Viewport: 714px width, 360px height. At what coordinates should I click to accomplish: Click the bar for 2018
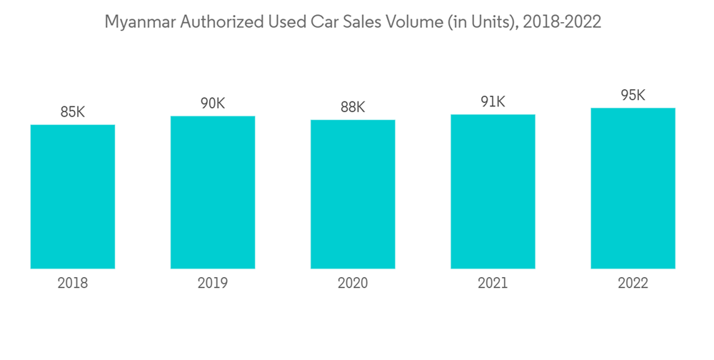pos(73,196)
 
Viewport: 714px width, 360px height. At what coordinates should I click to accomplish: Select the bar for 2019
pos(213,192)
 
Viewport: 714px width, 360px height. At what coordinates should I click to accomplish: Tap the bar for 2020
pos(353,194)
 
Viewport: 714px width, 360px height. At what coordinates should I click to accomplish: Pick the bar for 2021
pos(493,191)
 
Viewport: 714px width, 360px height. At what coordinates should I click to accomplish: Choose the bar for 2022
pos(633,188)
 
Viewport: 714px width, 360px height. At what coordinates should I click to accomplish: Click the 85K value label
pos(73,112)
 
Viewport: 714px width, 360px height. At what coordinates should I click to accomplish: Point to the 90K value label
pos(213,104)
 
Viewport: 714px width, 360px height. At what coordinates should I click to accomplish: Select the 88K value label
pos(353,108)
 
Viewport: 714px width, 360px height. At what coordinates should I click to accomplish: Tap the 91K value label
pos(493,102)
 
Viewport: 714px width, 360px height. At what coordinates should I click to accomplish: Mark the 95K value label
pos(633,96)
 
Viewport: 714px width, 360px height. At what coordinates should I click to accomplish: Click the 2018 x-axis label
pos(73,284)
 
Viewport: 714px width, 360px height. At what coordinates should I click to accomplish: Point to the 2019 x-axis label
pos(213,284)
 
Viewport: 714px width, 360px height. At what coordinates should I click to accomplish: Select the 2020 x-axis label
pos(353,284)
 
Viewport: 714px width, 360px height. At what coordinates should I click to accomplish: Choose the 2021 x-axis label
pos(493,284)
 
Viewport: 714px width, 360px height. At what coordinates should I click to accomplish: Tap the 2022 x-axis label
pos(633,284)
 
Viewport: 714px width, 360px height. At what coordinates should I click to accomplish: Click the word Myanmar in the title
pos(138,23)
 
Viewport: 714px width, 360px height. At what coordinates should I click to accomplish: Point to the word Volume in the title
pos(411,22)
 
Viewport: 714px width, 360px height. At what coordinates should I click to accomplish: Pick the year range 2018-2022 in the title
pos(562,22)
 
